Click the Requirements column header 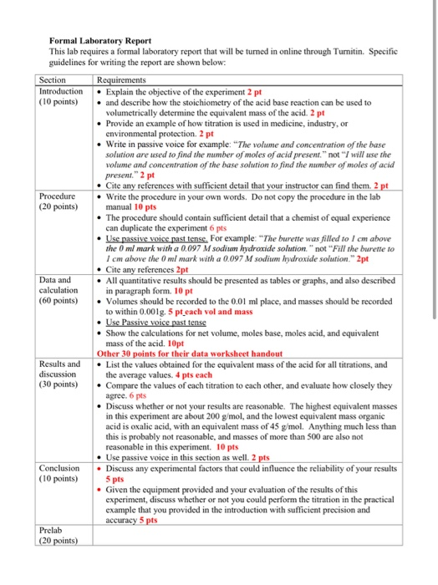click(125, 79)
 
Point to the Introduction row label click(62, 90)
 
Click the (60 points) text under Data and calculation click(59, 299)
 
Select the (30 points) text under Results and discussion click(59, 385)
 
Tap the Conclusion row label click(60, 467)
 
